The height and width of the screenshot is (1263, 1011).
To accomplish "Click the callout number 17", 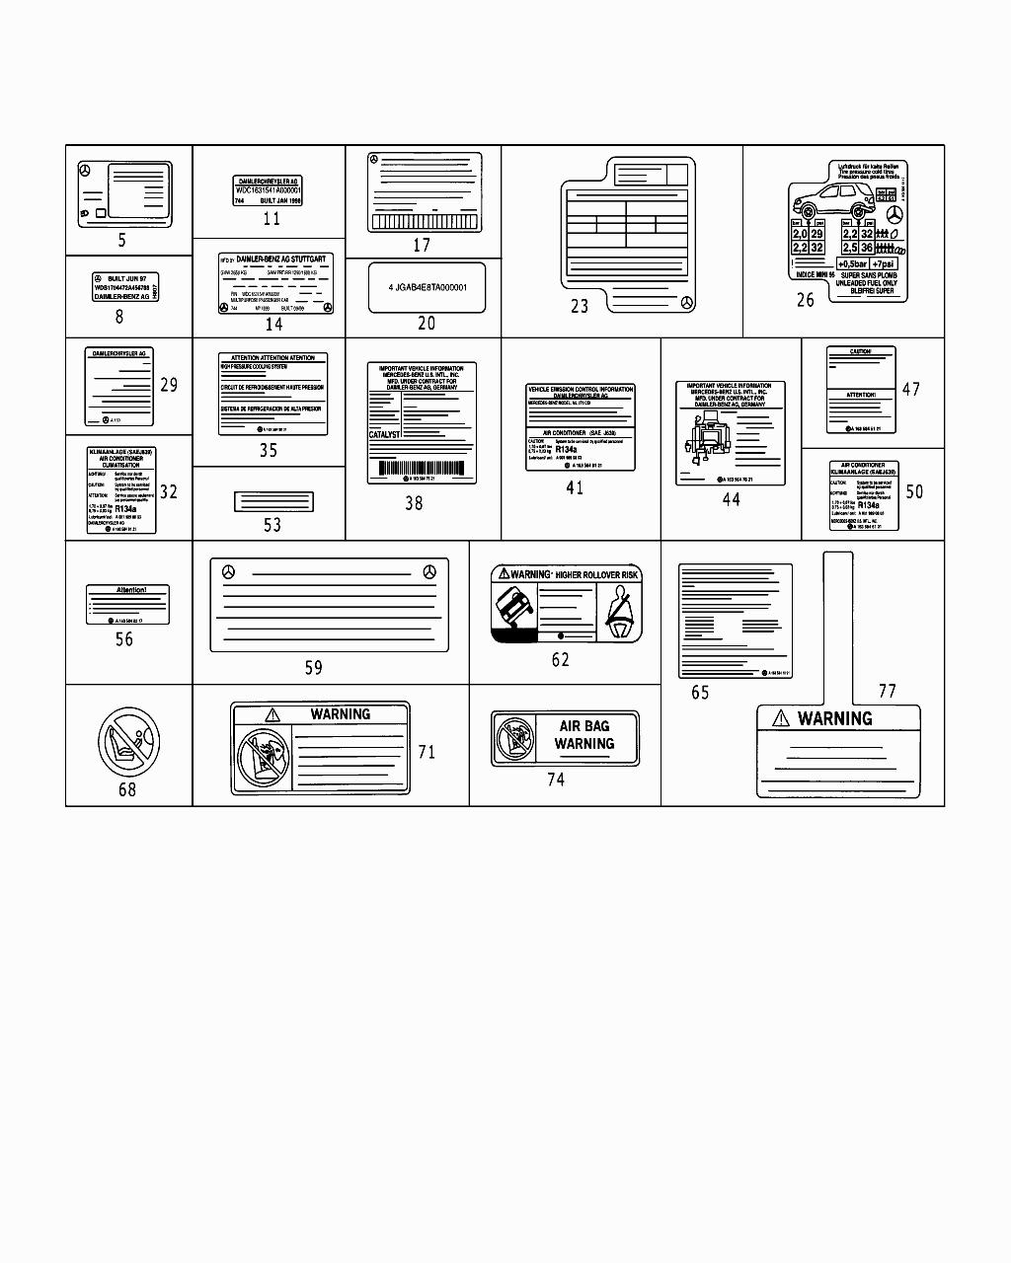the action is coord(422,246).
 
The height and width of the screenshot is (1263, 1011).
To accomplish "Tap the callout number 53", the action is coord(272,525).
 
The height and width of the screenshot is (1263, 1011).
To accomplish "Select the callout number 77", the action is coord(888,691).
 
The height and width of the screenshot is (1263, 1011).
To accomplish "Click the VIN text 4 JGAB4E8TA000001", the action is coord(428,287).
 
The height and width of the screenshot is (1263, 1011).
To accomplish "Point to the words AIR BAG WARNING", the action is coord(584,735).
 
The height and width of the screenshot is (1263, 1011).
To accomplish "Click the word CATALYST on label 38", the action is coord(385,434).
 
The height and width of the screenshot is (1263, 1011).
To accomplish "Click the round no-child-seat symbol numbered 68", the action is coord(128,743).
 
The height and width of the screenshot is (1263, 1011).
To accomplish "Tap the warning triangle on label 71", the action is coord(272,714).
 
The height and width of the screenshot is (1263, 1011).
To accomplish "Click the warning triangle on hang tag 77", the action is coord(781,718).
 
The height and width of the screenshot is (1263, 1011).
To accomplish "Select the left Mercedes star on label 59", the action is coord(229,572).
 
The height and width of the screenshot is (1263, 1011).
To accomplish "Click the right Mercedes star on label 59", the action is coord(429,572).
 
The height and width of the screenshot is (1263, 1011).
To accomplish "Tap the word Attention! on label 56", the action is coord(130,590).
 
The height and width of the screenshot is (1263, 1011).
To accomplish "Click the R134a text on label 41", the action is coord(567,449).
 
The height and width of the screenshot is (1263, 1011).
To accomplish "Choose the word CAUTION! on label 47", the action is coord(861,351).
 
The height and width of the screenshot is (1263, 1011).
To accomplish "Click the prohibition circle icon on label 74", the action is coord(515,738).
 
